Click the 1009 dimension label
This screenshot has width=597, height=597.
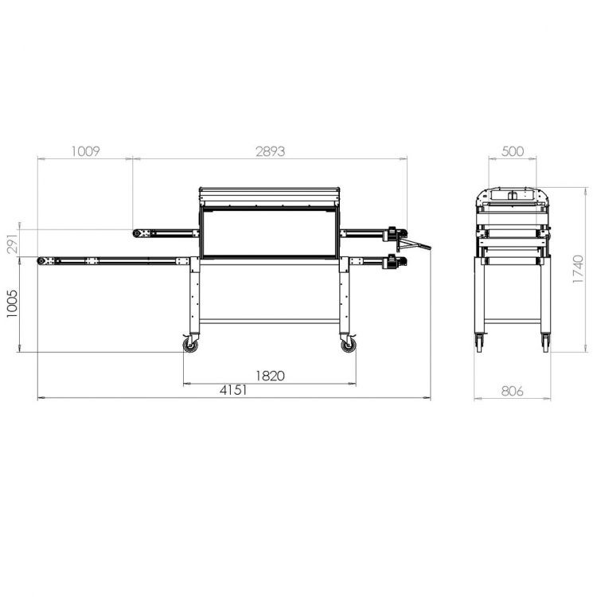pyautogui.click(x=86, y=151)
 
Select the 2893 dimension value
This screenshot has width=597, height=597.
pyautogui.click(x=271, y=151)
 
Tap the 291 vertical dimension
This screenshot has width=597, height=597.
pyautogui.click(x=12, y=244)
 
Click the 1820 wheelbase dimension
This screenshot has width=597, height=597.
pyautogui.click(x=270, y=376)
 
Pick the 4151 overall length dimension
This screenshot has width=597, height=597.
pyautogui.click(x=233, y=390)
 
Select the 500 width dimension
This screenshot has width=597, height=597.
pyautogui.click(x=513, y=151)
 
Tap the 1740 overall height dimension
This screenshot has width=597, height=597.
pyautogui.click(x=578, y=269)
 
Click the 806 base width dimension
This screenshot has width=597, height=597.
pyautogui.click(x=513, y=391)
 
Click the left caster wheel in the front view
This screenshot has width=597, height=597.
pyautogui.click(x=190, y=345)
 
